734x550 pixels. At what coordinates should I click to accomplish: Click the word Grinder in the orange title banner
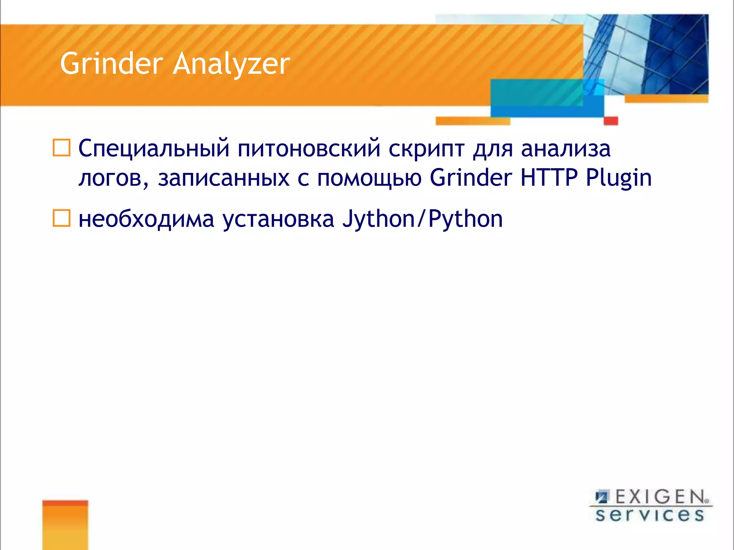(111, 64)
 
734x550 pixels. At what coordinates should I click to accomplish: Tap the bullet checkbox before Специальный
(62, 148)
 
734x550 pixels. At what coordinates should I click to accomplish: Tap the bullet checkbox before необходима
(62, 218)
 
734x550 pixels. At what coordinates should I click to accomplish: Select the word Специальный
(154, 149)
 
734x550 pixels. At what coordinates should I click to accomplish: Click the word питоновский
(309, 149)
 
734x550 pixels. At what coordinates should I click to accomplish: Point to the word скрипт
(426, 149)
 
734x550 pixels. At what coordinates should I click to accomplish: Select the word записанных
(224, 178)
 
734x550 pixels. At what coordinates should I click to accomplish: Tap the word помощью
(369, 178)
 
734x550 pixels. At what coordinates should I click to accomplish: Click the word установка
(278, 219)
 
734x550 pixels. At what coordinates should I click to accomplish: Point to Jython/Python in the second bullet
(422, 219)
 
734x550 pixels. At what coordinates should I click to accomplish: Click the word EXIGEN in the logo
(659, 497)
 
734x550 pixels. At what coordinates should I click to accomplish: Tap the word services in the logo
(649, 515)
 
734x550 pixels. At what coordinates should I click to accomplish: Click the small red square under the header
(611, 121)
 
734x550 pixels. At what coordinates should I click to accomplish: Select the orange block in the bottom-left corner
(65, 525)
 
